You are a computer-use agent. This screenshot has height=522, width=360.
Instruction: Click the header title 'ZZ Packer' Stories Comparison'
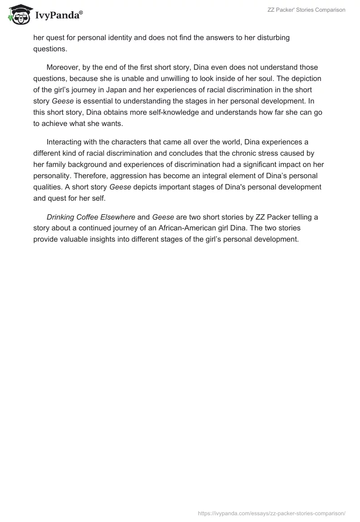[310, 10]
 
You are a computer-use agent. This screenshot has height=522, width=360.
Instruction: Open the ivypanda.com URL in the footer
[271, 513]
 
